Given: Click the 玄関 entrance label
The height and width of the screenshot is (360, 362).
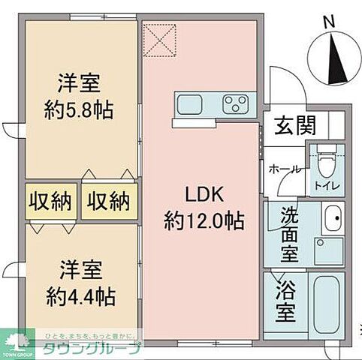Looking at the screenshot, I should coord(288,124).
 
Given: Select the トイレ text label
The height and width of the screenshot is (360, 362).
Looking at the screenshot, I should coord(325,183).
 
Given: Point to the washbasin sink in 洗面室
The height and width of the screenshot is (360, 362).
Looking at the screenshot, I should coord(330,220).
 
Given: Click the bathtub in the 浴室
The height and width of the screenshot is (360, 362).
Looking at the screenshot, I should coord(326,307).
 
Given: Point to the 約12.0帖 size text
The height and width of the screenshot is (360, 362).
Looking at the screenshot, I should coord(202,220).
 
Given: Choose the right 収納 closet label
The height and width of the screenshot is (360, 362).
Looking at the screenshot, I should coord(108,201).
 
